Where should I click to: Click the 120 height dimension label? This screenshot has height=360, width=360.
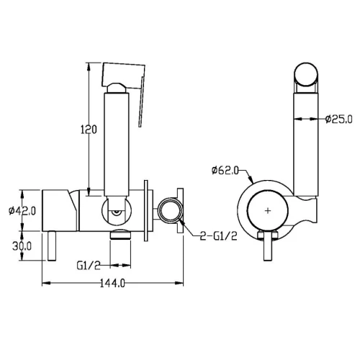point(89,130)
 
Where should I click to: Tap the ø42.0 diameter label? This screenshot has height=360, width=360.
point(22,211)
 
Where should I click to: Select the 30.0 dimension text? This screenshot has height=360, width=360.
point(22,246)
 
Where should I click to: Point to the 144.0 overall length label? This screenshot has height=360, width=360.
point(112,284)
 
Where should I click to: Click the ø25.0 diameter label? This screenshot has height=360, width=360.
point(339,119)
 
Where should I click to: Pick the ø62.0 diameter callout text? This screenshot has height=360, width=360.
point(225,171)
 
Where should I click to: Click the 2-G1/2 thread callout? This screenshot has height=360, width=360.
point(219,236)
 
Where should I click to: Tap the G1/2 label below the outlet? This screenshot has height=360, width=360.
point(89,266)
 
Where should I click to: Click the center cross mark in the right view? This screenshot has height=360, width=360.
point(268,211)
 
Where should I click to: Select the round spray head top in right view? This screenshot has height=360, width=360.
point(306,74)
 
